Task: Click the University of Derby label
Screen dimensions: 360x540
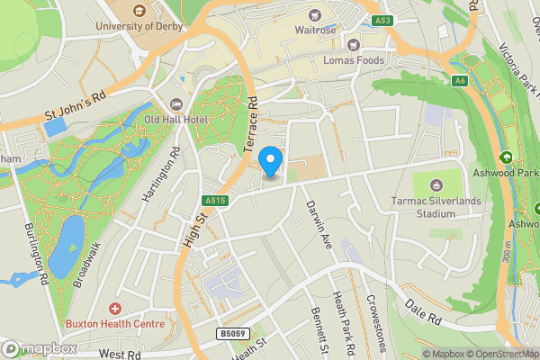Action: tap(139, 26)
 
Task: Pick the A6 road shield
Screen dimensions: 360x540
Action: tap(461, 81)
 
